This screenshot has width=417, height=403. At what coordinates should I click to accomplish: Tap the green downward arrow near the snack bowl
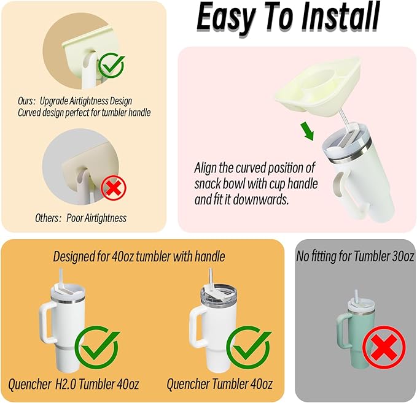click(x=308, y=131)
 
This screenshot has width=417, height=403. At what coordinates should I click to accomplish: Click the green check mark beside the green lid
click(x=111, y=65)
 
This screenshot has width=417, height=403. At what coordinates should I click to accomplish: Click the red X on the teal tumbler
click(x=384, y=347)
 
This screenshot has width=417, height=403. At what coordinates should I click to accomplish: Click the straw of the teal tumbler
click(x=356, y=296)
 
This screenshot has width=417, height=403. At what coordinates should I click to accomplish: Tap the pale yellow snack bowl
click(x=318, y=85)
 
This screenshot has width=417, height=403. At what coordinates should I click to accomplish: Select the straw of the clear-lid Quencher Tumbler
click(x=211, y=277)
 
